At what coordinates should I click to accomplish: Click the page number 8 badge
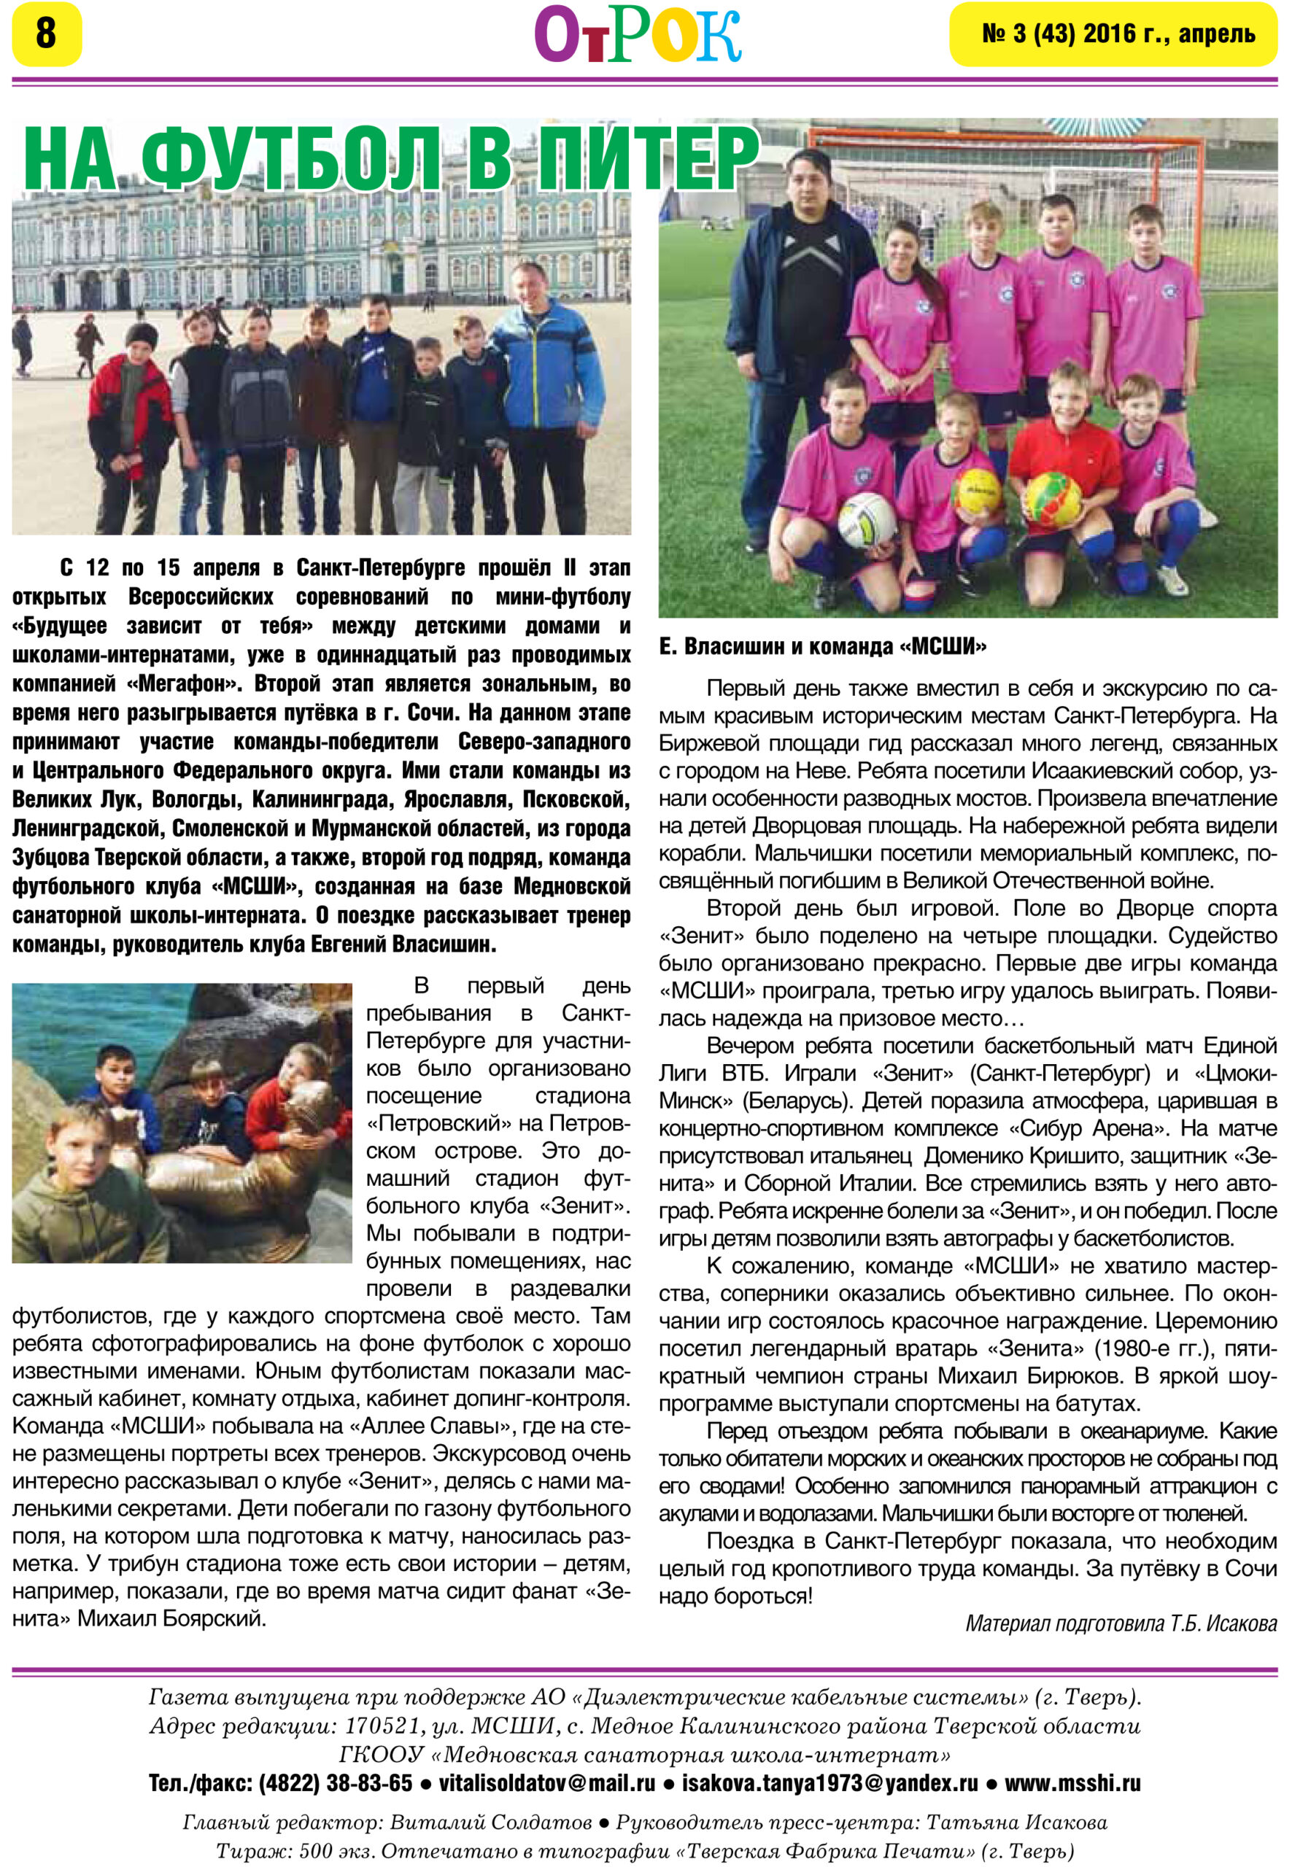(x=47, y=34)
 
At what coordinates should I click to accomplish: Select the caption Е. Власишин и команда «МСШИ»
(x=822, y=646)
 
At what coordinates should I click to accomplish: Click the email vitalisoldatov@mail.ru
(x=546, y=1783)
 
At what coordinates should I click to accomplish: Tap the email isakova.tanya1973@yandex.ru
(x=829, y=1783)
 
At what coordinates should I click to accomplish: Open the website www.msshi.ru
(x=1072, y=1783)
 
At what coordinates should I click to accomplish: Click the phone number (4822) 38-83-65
(x=335, y=1783)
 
